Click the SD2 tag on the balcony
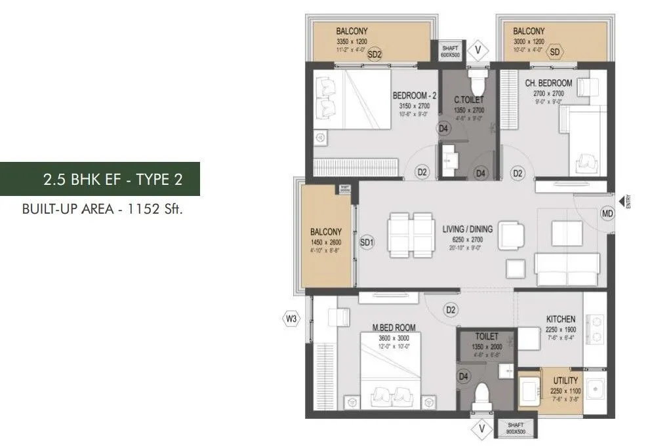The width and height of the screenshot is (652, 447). pyautogui.click(x=375, y=55)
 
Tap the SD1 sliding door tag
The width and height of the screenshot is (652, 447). pyautogui.click(x=367, y=243)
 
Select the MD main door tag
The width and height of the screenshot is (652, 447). pyautogui.click(x=608, y=214)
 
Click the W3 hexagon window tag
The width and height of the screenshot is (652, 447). pyautogui.click(x=291, y=319)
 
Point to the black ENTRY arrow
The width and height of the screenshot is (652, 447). pyautogui.click(x=621, y=195)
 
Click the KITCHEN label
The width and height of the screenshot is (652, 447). pyautogui.click(x=561, y=319)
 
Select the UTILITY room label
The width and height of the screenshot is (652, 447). pyautogui.click(x=565, y=380)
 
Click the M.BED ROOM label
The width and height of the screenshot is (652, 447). pyautogui.click(x=394, y=328)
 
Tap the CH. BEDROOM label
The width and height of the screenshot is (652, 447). pyautogui.click(x=549, y=83)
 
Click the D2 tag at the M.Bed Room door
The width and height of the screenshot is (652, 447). pyautogui.click(x=451, y=309)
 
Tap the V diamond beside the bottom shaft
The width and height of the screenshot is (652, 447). pyautogui.click(x=482, y=429)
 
